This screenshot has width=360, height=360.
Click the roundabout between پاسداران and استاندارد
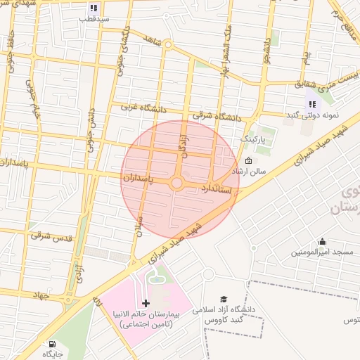click(176, 184)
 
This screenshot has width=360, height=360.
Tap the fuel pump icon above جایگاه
click(51, 345)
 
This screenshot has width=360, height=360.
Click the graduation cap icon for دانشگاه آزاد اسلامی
click(224, 299)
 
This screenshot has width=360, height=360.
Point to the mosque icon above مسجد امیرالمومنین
click(322, 241)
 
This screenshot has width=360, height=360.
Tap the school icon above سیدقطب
click(93, 8)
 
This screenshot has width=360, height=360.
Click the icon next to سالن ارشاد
click(248, 161)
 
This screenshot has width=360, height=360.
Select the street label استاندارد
click(214, 188)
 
